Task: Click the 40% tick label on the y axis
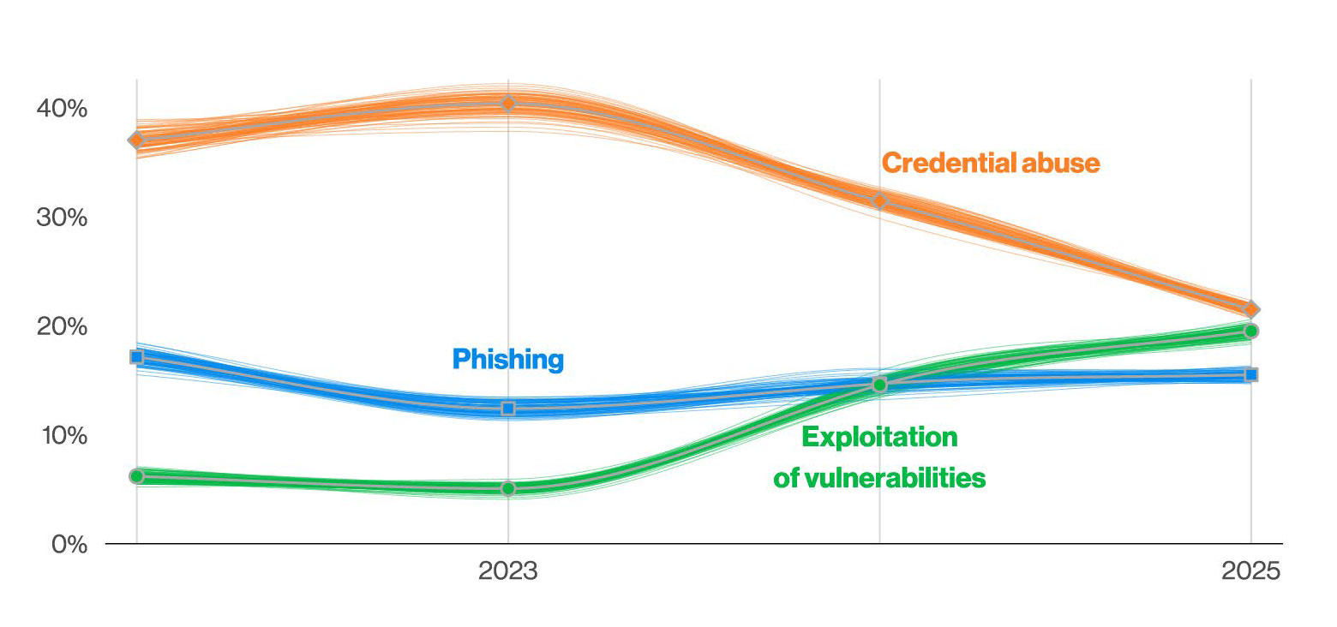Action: point(62,109)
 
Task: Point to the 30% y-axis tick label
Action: point(62,218)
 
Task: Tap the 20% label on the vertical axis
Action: point(62,327)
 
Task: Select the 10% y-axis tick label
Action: point(64,435)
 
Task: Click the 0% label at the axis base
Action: point(69,545)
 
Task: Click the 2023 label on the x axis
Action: point(508,571)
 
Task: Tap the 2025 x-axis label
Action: point(1250,571)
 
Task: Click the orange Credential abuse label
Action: point(991,163)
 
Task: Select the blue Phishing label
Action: point(508,359)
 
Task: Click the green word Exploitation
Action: point(879,437)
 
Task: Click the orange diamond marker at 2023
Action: point(508,104)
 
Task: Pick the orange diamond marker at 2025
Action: point(1251,309)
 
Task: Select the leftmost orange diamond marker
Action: point(136,140)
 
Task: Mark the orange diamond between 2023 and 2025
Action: point(879,201)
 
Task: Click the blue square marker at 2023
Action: point(508,409)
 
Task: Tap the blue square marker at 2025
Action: point(1251,374)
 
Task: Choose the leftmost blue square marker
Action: point(136,356)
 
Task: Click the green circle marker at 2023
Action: point(508,488)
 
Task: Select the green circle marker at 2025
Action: point(1251,331)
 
